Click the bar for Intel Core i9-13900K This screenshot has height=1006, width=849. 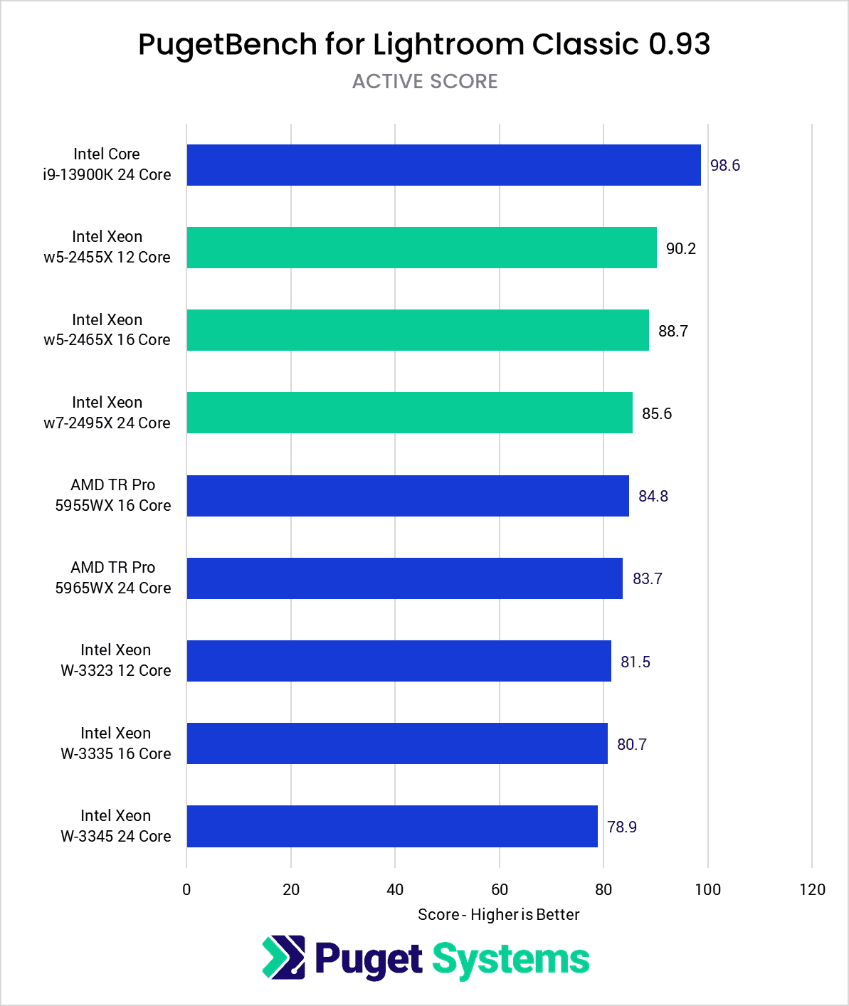coord(443,165)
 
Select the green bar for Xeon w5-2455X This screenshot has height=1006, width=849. coord(421,248)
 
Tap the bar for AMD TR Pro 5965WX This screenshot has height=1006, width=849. coord(404,578)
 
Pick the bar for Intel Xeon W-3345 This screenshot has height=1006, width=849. coord(391,826)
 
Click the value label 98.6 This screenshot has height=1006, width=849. coord(724,165)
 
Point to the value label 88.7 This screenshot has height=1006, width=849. coord(673,331)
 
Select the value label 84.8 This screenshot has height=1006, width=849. coord(653,496)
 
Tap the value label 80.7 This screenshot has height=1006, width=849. coord(631,744)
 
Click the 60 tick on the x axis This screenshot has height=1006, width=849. coord(499,889)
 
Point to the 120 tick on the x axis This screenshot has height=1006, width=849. coord(812,889)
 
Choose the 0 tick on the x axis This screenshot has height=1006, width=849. coord(186,889)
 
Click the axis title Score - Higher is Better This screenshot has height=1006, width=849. coord(498,914)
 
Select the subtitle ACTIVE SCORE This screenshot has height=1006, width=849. coord(425,81)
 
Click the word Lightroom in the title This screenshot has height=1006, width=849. coord(448,44)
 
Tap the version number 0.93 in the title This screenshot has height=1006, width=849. coord(679,44)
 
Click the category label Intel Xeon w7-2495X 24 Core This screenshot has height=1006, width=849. coord(107,413)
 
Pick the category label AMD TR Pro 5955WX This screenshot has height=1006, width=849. coord(112,495)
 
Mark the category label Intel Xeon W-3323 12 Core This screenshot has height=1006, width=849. coord(115,660)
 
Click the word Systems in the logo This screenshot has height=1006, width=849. coord(511,959)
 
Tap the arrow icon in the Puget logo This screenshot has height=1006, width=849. coord(284,957)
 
